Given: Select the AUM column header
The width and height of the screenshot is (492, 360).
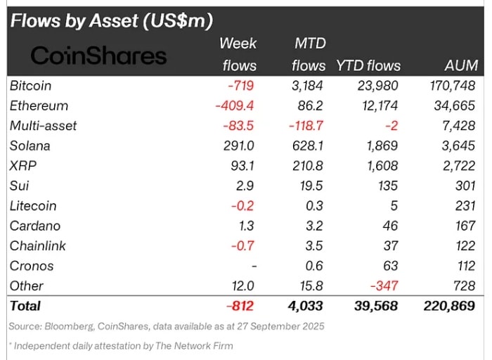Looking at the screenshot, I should (461, 65).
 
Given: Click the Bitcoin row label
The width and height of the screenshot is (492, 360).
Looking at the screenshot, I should (31, 86).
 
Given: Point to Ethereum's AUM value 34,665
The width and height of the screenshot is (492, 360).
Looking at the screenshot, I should (454, 106).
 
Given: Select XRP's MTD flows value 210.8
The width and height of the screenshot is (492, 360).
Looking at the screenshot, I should (308, 166).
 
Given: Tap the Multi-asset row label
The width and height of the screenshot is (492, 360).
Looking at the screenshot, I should (44, 126).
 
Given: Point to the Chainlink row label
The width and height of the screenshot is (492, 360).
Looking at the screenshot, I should (37, 246).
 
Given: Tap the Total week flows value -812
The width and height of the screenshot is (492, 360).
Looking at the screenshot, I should (239, 306).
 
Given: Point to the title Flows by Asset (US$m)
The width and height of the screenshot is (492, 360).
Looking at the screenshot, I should (111, 21).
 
